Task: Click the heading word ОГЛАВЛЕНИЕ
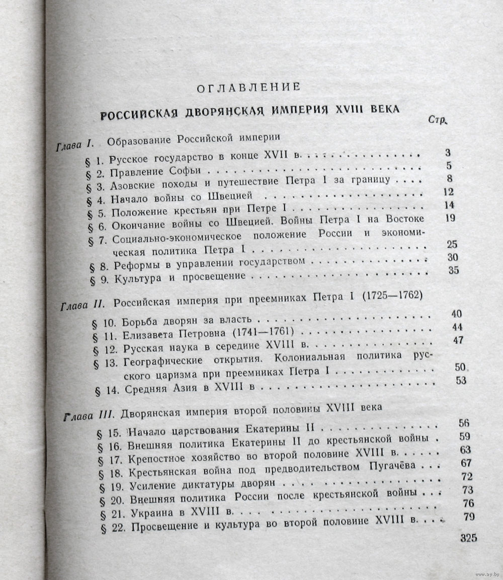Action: [248, 87]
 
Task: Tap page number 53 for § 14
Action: [461, 380]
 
